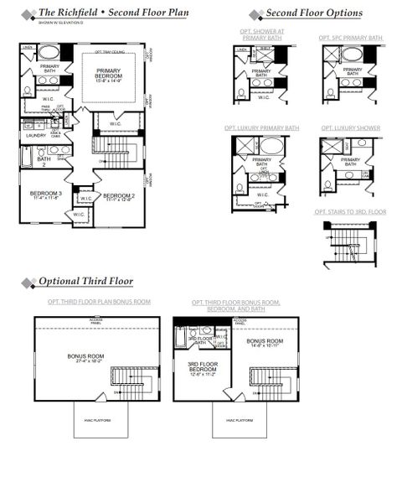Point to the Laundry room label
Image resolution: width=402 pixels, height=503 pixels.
pos(35,135)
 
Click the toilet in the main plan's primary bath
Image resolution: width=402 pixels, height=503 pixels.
pos(28,89)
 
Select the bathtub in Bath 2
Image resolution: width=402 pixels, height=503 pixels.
pos(27,156)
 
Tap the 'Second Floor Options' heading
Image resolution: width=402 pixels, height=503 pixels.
pos(313,14)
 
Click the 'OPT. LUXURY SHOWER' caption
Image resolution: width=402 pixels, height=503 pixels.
pos(350,128)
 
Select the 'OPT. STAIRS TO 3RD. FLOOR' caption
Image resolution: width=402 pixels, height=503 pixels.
pos(350,212)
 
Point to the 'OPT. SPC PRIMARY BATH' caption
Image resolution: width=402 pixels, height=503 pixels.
pos(350,38)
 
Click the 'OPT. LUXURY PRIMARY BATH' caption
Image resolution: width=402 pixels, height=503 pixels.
pos(261,128)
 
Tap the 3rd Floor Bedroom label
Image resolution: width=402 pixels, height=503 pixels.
pos(203,367)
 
